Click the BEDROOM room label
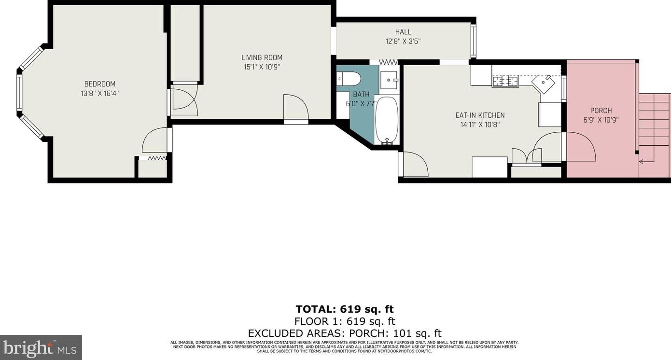[100, 84]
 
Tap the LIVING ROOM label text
[262, 57]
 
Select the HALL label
[403, 32]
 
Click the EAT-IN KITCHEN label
[480, 115]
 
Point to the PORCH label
[601, 111]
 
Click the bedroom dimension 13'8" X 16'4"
[100, 94]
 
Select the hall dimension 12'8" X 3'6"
[403, 41]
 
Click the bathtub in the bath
[387, 120]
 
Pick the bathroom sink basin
[389, 80]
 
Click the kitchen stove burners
[505, 81]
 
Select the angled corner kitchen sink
[543, 84]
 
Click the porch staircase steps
[655, 135]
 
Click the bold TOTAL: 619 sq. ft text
[345, 309]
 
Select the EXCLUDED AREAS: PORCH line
[345, 333]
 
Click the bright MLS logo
[40, 348]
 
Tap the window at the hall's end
[473, 41]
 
